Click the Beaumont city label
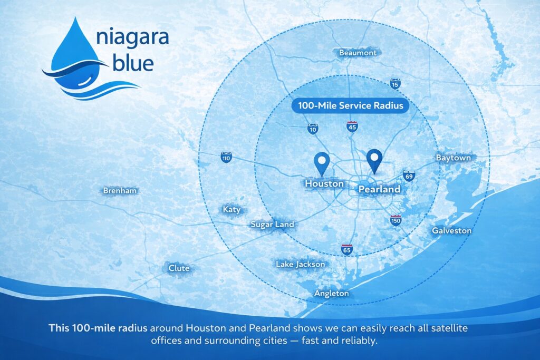(358, 53)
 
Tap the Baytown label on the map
(453, 158)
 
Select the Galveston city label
(451, 230)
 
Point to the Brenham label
(120, 190)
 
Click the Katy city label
(232, 210)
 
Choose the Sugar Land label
(272, 225)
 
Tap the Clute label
(179, 268)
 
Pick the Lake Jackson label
(300, 264)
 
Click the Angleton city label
(331, 294)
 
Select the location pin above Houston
(322, 164)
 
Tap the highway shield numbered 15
(395, 84)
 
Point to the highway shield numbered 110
(226, 158)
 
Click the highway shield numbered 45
(352, 127)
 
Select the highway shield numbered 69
(409, 176)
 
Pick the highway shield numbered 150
(396, 220)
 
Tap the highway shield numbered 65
(347, 249)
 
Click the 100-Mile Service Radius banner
(350, 105)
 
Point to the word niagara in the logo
(132, 37)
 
